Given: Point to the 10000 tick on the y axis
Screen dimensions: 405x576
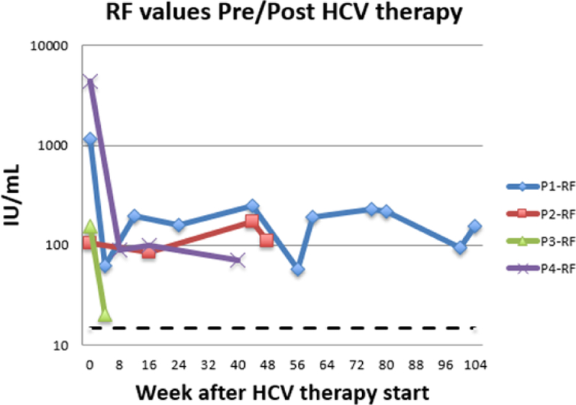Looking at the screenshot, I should pyautogui.click(x=51, y=46).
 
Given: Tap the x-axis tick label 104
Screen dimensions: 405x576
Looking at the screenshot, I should pyautogui.click(x=475, y=363).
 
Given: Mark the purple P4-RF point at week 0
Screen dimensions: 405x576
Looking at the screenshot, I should pyautogui.click(x=89, y=82).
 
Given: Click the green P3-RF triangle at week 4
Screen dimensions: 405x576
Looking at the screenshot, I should pyautogui.click(x=105, y=315).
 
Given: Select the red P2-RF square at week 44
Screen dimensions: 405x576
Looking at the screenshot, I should pyautogui.click(x=251, y=221).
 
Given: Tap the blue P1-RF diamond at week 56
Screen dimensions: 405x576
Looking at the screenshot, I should pyautogui.click(x=297, y=269).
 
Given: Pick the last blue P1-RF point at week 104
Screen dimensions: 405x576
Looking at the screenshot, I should pyautogui.click(x=474, y=226).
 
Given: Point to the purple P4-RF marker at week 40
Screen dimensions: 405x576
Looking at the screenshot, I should pyautogui.click(x=238, y=260).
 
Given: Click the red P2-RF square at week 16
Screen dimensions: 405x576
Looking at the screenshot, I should pyautogui.click(x=148, y=252).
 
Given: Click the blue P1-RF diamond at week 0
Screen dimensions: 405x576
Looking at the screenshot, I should pyautogui.click(x=90, y=139).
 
